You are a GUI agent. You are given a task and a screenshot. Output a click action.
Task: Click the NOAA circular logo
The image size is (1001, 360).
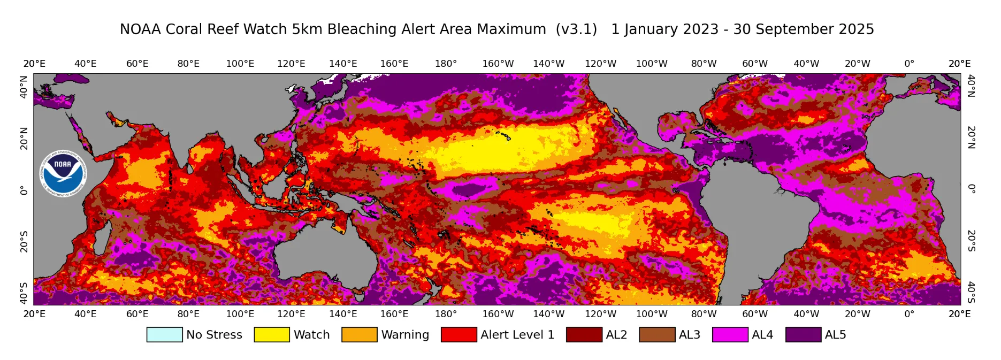(63, 173)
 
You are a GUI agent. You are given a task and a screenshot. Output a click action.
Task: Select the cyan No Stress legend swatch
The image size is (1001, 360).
(164, 335)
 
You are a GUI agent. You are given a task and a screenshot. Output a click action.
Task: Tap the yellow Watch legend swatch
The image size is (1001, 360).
(272, 335)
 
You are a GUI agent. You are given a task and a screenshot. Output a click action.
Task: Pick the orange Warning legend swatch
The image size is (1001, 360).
(360, 335)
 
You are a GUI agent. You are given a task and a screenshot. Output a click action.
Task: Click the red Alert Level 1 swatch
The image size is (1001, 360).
(459, 335)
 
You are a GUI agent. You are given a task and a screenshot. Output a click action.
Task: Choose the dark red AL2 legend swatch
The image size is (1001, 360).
(584, 335)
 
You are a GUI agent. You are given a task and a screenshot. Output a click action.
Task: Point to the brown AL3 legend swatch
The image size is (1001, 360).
(657, 335)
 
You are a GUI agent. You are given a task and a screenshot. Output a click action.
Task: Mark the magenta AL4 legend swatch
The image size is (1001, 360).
(730, 335)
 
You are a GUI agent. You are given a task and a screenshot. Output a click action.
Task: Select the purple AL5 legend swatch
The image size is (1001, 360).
(803, 335)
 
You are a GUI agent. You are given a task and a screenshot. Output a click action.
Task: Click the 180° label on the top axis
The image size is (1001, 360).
(446, 64)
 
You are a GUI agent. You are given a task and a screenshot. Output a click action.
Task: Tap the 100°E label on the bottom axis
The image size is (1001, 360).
(240, 314)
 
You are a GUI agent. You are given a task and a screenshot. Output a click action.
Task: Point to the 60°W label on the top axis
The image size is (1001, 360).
(755, 64)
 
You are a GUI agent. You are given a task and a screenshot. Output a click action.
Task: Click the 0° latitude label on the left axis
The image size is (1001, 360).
(24, 190)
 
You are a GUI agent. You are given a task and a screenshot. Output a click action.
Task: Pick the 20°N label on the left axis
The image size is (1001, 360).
(24, 138)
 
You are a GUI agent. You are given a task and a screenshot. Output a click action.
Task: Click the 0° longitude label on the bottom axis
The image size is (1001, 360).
(909, 314)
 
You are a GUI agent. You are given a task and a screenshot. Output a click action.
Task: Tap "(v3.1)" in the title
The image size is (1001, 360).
(576, 29)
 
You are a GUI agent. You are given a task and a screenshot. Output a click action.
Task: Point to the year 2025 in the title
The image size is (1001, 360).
(857, 29)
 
